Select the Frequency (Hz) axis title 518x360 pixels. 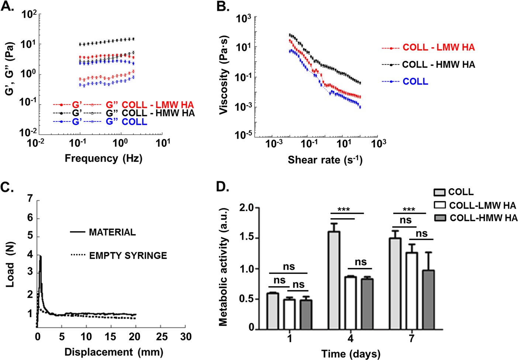pos(103,158)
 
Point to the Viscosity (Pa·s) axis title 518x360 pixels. pos(224,75)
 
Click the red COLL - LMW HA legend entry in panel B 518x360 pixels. pos(438,48)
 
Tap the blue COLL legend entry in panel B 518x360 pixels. pos(415,82)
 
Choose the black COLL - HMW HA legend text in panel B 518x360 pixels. pos(438,65)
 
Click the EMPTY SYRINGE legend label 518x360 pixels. pos(128,256)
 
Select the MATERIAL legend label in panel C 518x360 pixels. pos(112,232)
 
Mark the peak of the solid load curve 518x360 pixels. pos(40,256)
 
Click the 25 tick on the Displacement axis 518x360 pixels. pos(162,336)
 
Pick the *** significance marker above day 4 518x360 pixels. pos(343,210)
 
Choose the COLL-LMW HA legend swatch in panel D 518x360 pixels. pos(440,205)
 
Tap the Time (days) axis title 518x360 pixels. pos(350,354)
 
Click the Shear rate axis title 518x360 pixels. pos(325,160)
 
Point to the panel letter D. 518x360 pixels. pos(222,186)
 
